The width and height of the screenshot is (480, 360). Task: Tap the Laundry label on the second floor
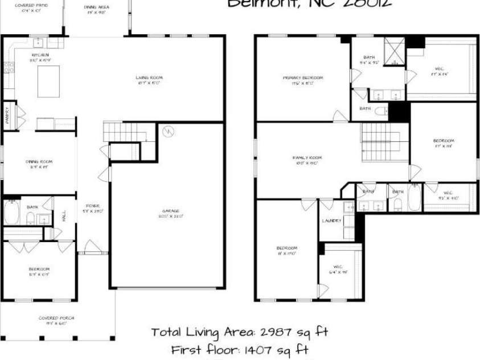(331, 220)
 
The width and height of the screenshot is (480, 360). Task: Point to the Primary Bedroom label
(303, 77)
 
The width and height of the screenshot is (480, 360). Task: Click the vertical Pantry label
(7, 116)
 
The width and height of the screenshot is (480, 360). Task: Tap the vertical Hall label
(64, 217)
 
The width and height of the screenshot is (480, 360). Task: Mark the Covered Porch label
(56, 317)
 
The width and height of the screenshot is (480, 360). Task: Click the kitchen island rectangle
(48, 81)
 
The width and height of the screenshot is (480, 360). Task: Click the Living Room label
(149, 77)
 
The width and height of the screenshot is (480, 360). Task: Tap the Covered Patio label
(31, 5)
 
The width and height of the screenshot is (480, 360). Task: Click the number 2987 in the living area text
(273, 332)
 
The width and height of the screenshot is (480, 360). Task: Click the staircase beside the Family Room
(384, 142)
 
